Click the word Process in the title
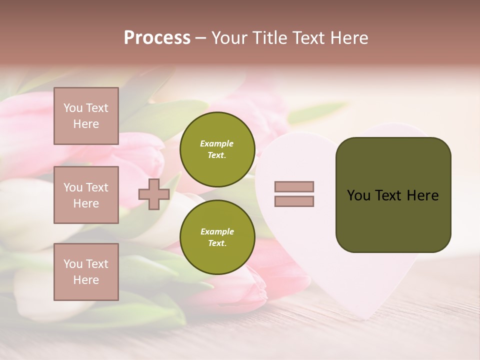click(x=157, y=37)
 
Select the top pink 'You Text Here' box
click(x=86, y=116)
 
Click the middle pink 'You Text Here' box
click(x=86, y=195)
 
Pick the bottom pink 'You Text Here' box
click(x=86, y=271)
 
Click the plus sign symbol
click(x=154, y=194)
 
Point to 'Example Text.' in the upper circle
click(x=217, y=149)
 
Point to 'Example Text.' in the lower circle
click(x=217, y=237)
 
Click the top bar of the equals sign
click(x=294, y=187)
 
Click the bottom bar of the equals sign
click(x=294, y=201)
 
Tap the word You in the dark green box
click(x=359, y=195)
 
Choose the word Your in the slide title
click(x=230, y=37)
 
